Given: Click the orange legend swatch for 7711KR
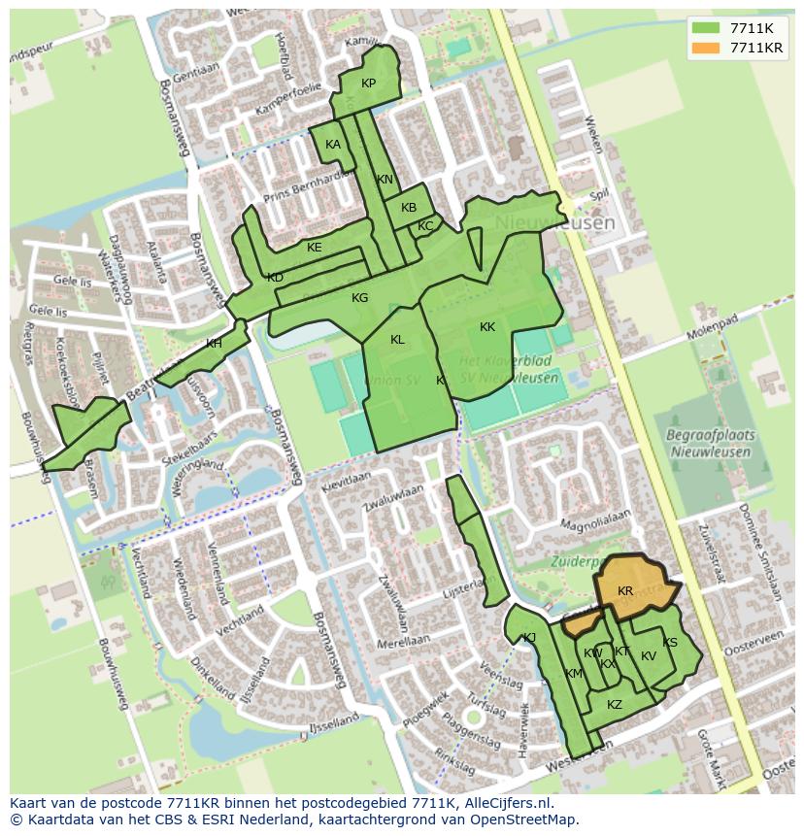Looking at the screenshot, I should pyautogui.click(x=707, y=48).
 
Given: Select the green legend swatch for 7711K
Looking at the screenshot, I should pyautogui.click(x=707, y=28).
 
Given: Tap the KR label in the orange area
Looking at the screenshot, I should pyautogui.click(x=625, y=591).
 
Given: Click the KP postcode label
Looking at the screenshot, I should pyautogui.click(x=368, y=84).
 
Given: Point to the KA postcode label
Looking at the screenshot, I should pyautogui.click(x=333, y=145).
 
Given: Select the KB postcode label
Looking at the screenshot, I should pyautogui.click(x=409, y=208).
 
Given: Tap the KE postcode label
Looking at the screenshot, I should pyautogui.click(x=314, y=248).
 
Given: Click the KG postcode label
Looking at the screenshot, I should pyautogui.click(x=359, y=298).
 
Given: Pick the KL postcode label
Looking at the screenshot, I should pyautogui.click(x=397, y=340).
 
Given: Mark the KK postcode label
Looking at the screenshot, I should pyautogui.click(x=487, y=327).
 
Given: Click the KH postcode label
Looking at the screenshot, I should pyautogui.click(x=214, y=344).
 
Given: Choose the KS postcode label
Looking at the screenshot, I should pyautogui.click(x=670, y=643).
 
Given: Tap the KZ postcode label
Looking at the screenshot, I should pyautogui.click(x=614, y=705).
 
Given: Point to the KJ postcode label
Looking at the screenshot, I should pyautogui.click(x=529, y=638).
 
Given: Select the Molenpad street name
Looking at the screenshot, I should pyautogui.click(x=713, y=323).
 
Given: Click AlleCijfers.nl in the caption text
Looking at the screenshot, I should pyautogui.click(x=504, y=803).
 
